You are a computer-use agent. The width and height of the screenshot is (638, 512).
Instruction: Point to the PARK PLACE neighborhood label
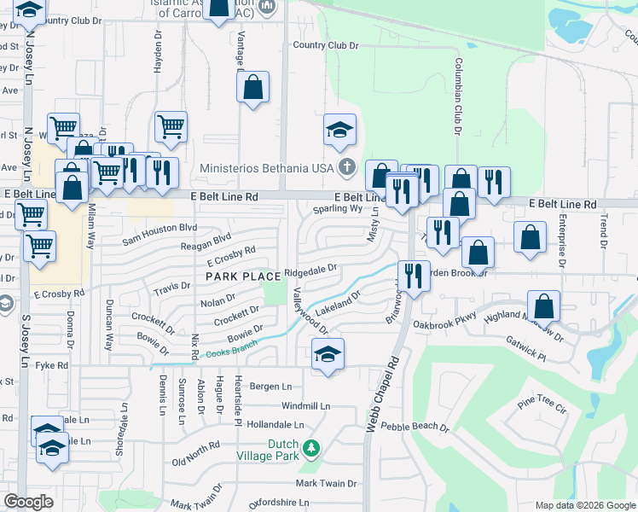click(x=243, y=276)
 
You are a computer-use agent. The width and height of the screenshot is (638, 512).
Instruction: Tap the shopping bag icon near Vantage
click(x=253, y=86)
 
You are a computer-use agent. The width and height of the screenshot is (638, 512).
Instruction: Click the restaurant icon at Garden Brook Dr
click(x=413, y=276)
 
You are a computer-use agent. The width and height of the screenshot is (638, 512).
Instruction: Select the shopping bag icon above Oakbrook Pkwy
click(x=543, y=306)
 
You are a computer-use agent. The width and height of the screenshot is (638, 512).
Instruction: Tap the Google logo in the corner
click(x=28, y=502)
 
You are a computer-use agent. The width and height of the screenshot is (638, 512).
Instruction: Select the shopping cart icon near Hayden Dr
click(x=171, y=126)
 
